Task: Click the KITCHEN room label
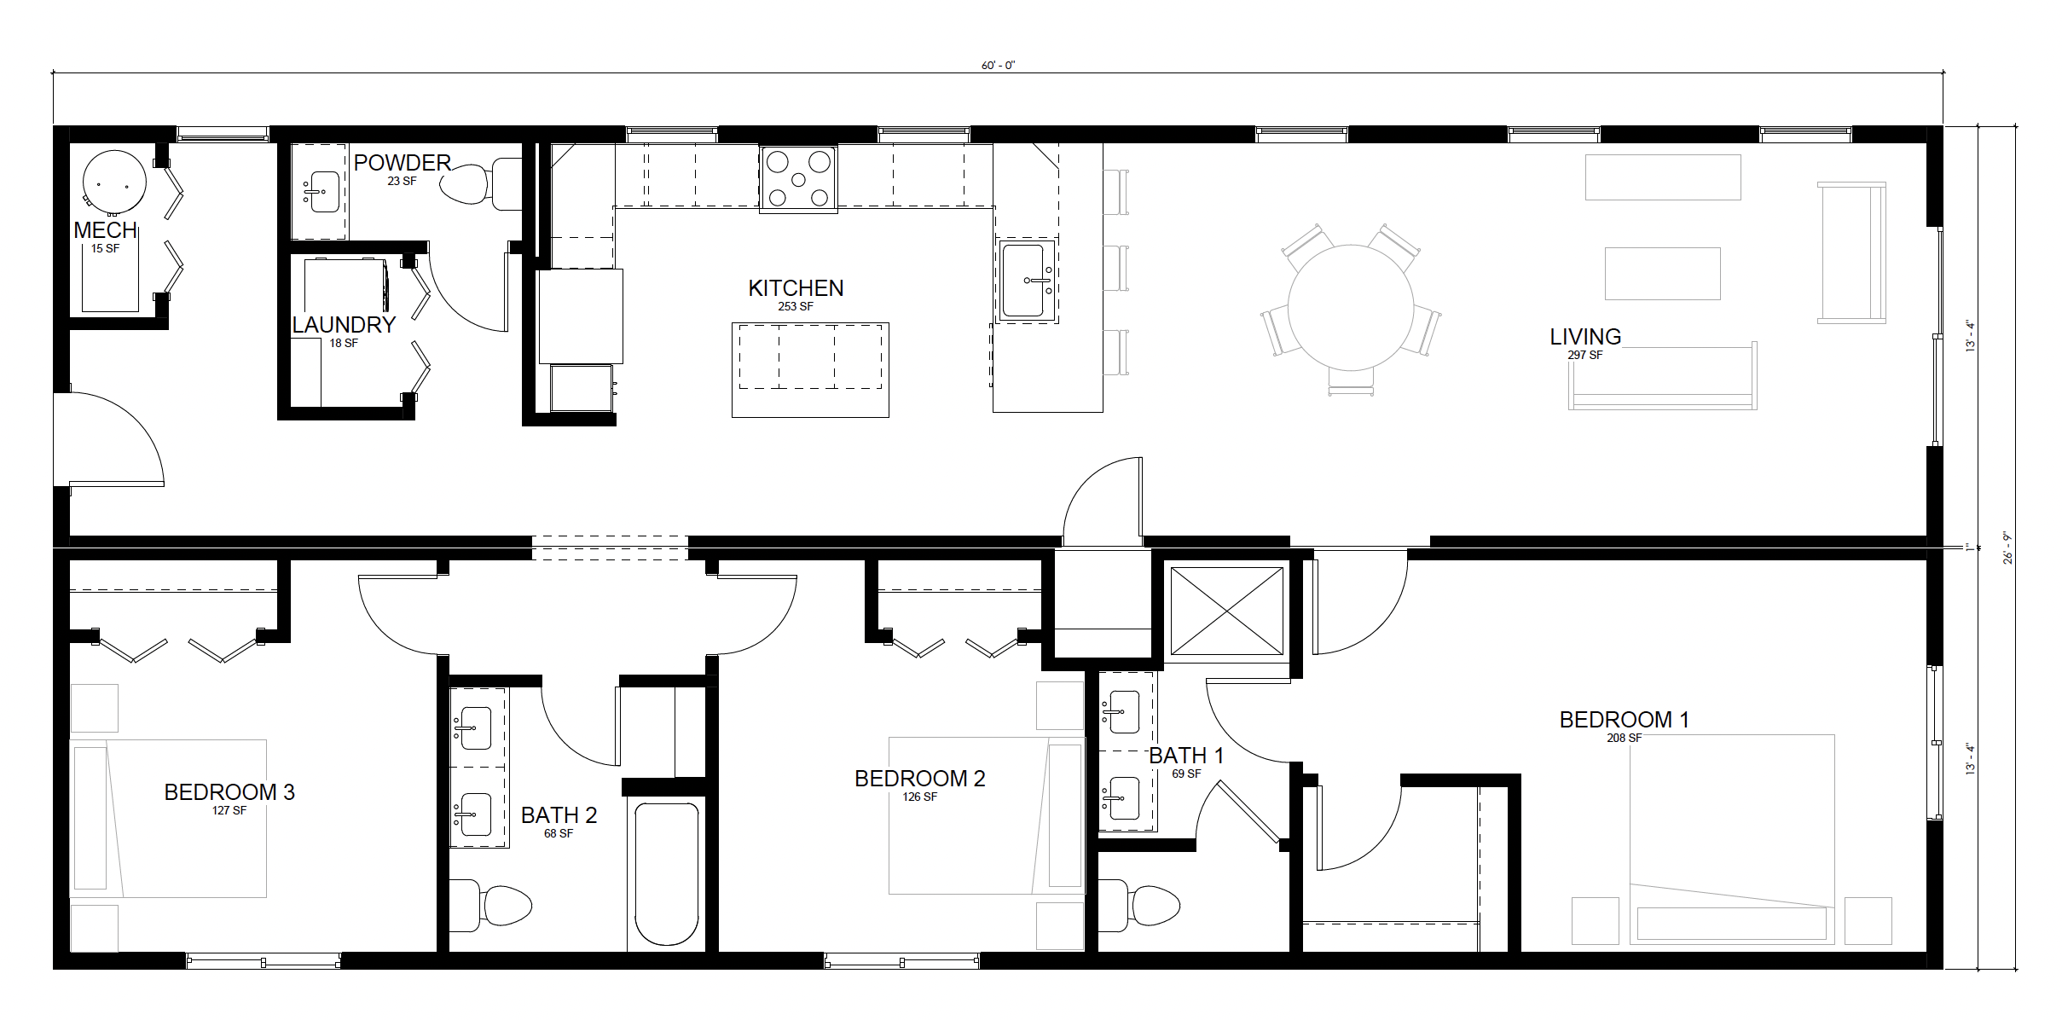click(x=796, y=288)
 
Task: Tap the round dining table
click(x=1351, y=307)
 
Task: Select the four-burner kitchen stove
click(x=798, y=178)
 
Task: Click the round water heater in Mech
click(x=114, y=182)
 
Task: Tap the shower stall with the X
click(x=1226, y=611)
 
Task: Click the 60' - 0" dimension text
click(x=998, y=66)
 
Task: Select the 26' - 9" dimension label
click(x=2007, y=548)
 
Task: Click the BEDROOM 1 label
click(x=1624, y=720)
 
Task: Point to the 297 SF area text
click(x=1584, y=355)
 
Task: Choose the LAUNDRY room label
click(x=344, y=325)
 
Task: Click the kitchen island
click(x=810, y=369)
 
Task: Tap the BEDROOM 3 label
click(x=229, y=792)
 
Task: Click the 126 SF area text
click(x=919, y=797)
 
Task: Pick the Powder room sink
click(x=320, y=192)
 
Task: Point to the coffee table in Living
click(x=1662, y=274)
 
